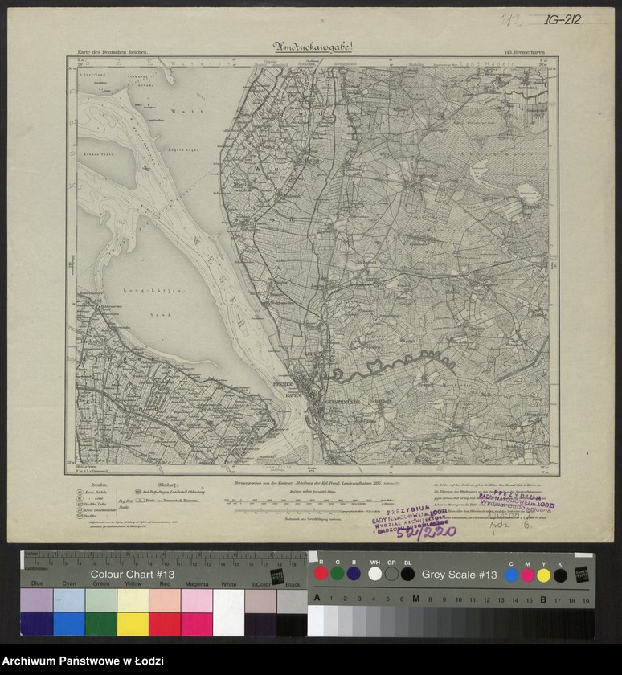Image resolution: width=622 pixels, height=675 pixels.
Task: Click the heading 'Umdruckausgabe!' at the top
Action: click(x=312, y=47)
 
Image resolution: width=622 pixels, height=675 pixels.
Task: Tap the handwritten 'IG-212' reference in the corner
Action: click(x=562, y=19)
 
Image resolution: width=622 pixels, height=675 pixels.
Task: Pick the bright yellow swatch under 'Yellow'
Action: click(x=133, y=624)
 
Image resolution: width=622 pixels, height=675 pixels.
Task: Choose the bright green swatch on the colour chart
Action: click(x=100, y=624)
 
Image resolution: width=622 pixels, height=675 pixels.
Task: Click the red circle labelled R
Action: click(x=321, y=574)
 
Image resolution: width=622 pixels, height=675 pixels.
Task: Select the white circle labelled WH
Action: click(x=374, y=574)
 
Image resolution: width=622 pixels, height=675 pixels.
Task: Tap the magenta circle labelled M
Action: click(x=527, y=575)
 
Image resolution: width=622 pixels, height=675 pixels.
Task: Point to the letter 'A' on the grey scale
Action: click(x=317, y=599)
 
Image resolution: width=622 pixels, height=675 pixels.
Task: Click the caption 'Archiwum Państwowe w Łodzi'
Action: click(x=83, y=661)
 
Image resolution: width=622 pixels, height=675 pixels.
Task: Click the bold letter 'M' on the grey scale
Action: click(x=415, y=599)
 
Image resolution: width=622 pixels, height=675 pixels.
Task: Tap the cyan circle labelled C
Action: click(x=511, y=575)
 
